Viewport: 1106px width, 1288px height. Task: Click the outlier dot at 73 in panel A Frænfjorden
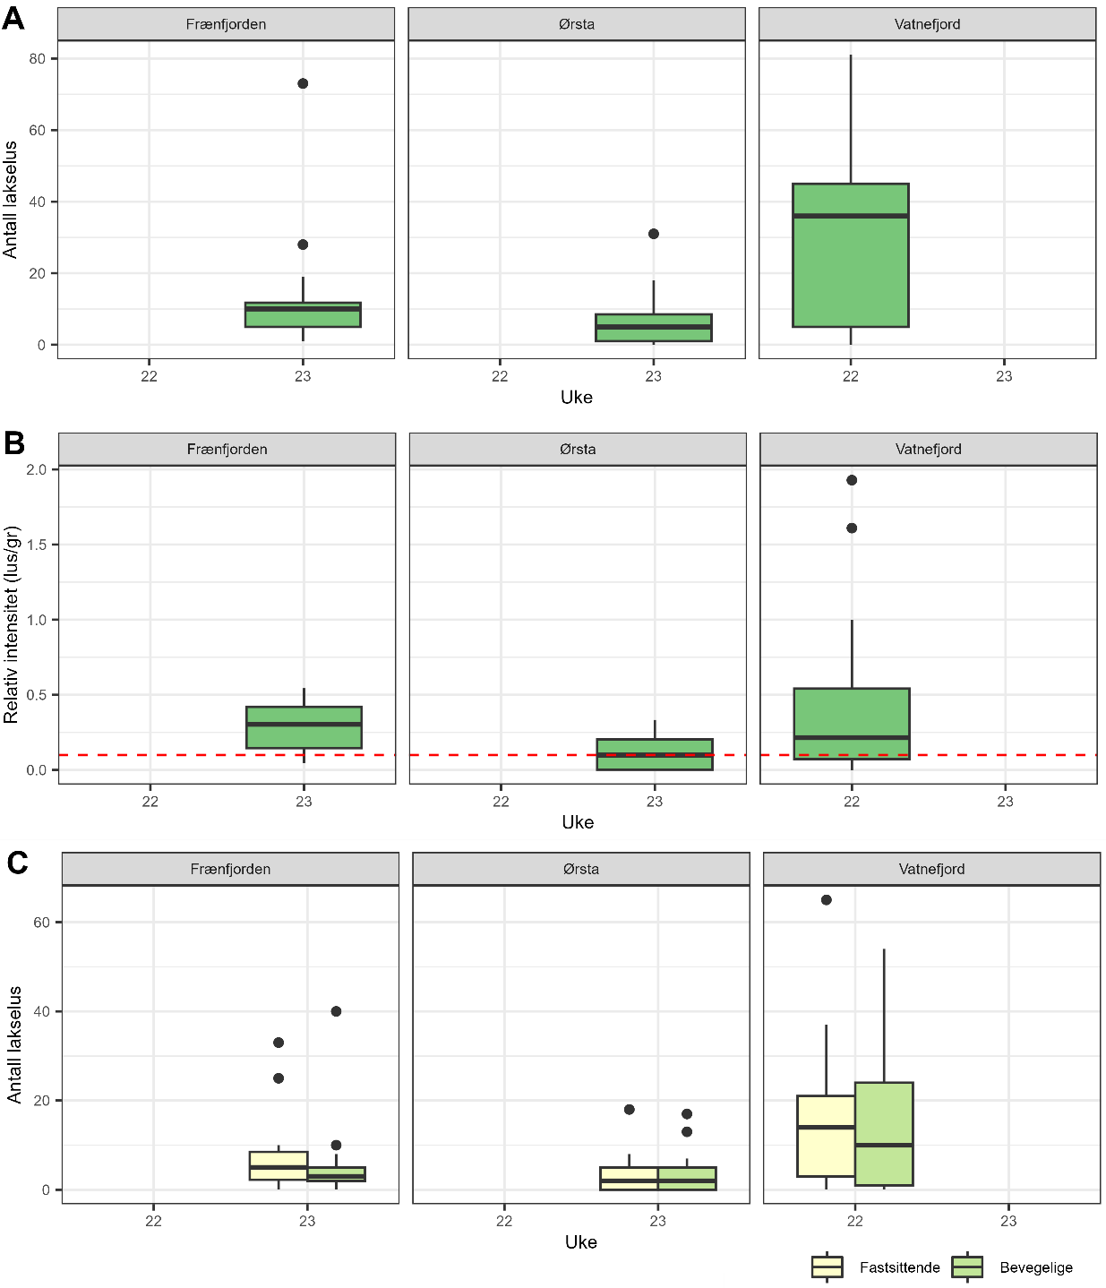pos(303,83)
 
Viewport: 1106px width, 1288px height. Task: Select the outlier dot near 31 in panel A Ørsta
pos(654,234)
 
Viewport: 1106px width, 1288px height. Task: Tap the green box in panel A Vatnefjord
pos(851,255)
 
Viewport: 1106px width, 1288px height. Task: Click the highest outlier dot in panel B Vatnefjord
pos(852,480)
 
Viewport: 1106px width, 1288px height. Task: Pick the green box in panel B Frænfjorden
pos(304,727)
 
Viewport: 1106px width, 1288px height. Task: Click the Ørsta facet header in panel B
pos(578,450)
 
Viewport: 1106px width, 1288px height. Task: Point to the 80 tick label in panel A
pos(37,59)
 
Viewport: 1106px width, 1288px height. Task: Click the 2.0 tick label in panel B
pos(37,469)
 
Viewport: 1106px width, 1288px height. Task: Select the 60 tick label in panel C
pos(41,923)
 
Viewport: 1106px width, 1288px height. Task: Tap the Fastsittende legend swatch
pos(827,1267)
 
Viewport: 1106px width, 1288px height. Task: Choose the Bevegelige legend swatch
pos(967,1267)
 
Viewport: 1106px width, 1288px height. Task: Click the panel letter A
pos(13,18)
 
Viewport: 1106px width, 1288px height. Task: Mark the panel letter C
pos(17,863)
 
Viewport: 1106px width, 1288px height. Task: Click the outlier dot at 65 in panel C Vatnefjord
pos(827,900)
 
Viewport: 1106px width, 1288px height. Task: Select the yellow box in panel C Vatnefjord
pos(826,1136)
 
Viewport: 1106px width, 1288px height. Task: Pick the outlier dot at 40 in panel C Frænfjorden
pos(336,1011)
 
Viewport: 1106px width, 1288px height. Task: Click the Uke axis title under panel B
pos(578,822)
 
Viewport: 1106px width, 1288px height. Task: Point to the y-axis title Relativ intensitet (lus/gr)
pos(12,625)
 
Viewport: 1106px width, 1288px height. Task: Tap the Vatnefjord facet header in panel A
pos(927,24)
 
